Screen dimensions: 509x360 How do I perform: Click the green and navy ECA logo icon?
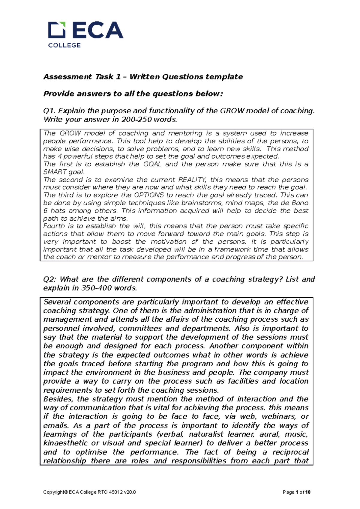[x=57, y=30]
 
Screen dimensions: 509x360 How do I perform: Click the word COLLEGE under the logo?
[x=64, y=45]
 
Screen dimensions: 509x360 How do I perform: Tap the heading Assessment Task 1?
[x=82, y=77]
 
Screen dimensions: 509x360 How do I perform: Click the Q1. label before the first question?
[x=50, y=111]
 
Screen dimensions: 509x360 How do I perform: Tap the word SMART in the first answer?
[x=55, y=172]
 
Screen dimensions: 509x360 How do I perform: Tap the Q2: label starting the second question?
[x=50, y=279]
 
